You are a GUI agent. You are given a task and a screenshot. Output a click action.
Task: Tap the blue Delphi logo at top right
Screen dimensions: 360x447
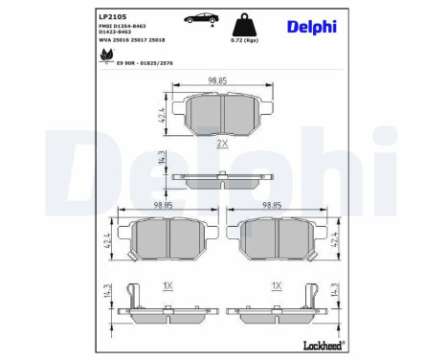click(312, 26)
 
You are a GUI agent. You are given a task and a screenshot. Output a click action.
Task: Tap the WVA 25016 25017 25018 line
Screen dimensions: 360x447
click(134, 41)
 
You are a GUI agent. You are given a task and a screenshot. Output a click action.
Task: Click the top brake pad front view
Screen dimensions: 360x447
click(222, 115)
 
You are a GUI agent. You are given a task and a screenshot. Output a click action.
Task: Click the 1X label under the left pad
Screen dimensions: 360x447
click(168, 285)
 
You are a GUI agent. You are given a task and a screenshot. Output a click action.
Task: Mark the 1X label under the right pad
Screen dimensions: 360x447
click(277, 285)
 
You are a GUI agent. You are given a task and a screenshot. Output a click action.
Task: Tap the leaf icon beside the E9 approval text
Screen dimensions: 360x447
click(103, 58)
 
